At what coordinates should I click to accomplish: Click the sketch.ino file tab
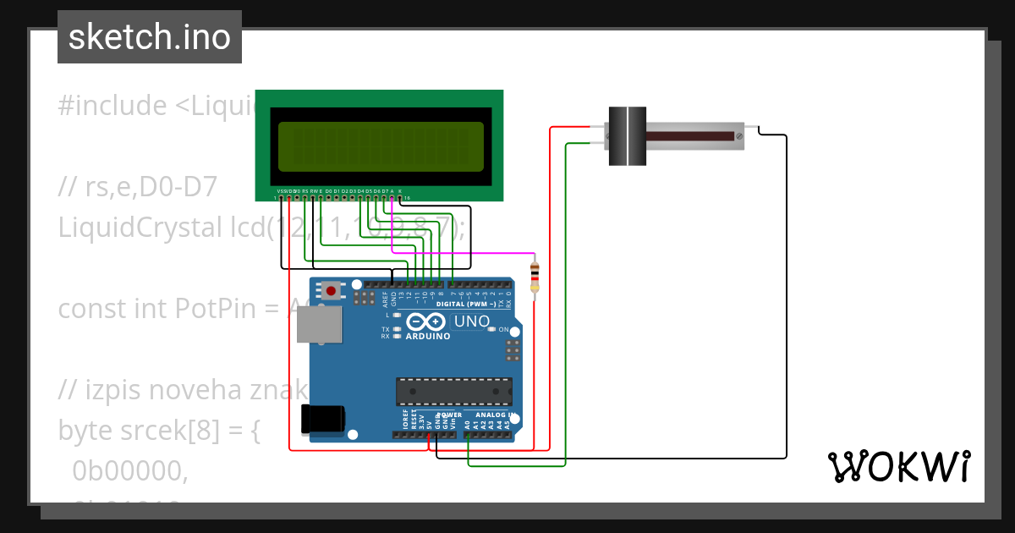[x=150, y=37]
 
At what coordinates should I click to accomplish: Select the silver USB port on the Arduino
[x=319, y=325]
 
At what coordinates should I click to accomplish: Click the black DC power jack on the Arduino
[x=323, y=418]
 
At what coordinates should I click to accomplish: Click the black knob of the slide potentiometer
[x=628, y=135]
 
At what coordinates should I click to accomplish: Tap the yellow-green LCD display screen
[x=381, y=146]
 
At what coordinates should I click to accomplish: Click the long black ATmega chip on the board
[x=454, y=391]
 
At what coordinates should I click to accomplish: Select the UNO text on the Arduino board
[x=471, y=321]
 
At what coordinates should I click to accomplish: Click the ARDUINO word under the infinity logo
[x=427, y=336]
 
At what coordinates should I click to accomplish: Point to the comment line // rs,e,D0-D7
[x=138, y=187]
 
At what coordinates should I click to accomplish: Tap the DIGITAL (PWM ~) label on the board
[x=465, y=303]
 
